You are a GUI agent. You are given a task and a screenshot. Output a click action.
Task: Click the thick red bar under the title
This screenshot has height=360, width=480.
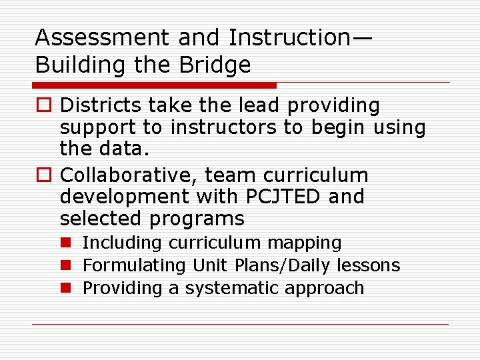pyautogui.click(x=155, y=85)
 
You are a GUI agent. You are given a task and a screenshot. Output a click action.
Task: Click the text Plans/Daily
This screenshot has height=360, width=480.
pyautogui.click(x=282, y=265)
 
